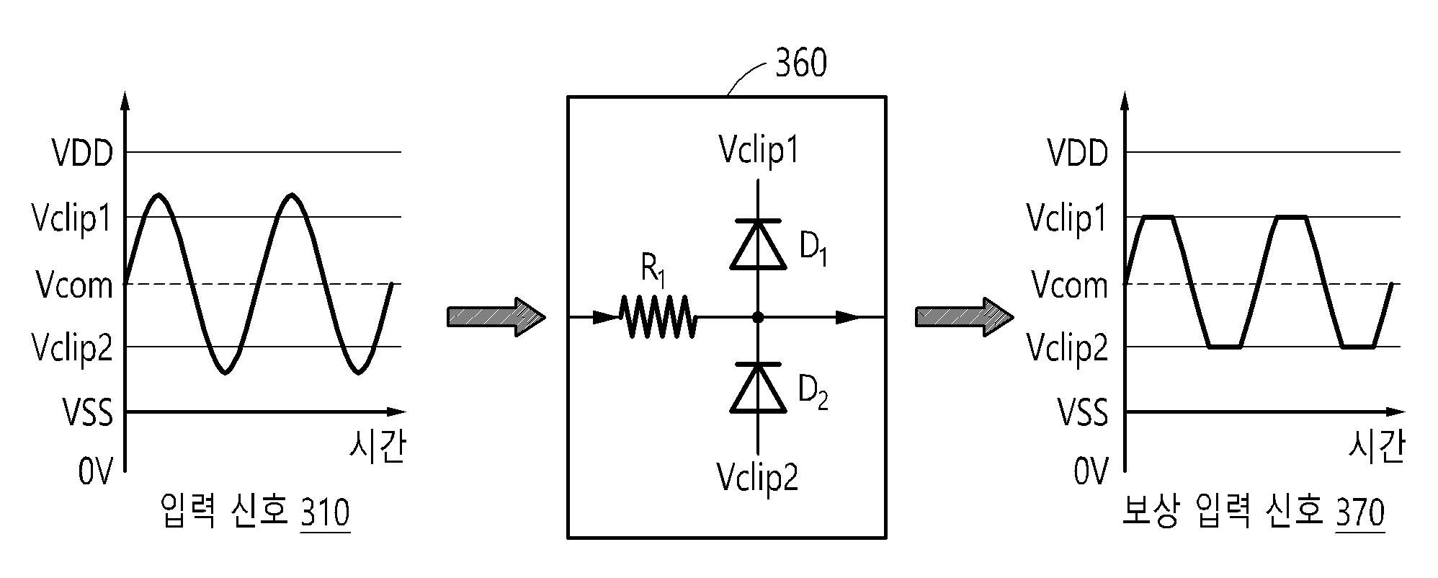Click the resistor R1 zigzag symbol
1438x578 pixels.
[658, 316]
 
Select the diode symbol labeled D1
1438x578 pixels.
[757, 244]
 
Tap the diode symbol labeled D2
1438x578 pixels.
[757, 388]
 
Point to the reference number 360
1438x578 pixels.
[800, 63]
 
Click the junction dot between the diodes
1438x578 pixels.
[757, 316]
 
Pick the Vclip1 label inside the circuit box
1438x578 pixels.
[759, 151]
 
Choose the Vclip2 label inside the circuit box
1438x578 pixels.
[758, 476]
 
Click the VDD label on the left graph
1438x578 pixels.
[83, 154]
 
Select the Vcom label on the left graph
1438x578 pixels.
[75, 285]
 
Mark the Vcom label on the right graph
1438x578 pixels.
[1070, 285]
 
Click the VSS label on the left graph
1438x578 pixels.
[87, 414]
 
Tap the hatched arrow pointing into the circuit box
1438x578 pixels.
[496, 316]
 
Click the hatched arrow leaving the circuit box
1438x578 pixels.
[965, 316]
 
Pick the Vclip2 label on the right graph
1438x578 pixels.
[1068, 349]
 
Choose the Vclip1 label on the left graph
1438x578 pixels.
[72, 218]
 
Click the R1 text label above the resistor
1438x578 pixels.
[653, 270]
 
